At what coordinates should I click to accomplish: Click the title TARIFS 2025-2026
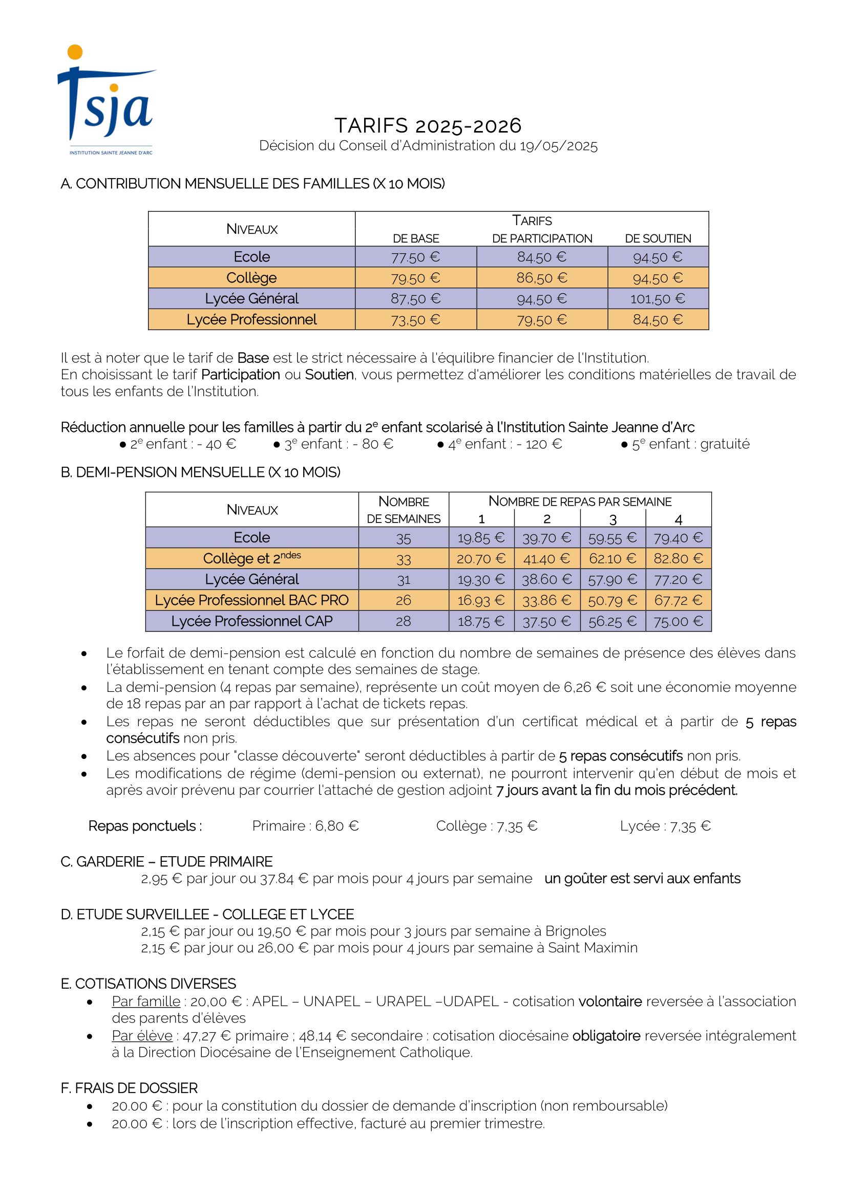tap(428, 126)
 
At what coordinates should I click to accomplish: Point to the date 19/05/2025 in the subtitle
tap(558, 146)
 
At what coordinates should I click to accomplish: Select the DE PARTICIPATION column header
tap(542, 238)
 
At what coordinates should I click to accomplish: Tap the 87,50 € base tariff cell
tap(416, 299)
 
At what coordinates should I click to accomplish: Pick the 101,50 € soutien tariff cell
tap(658, 299)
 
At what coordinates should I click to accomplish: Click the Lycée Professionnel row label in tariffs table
tap(251, 319)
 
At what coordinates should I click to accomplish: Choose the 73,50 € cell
tap(416, 319)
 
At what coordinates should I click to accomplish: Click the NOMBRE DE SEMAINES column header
tap(404, 509)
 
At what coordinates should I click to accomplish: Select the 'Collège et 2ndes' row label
tap(251, 558)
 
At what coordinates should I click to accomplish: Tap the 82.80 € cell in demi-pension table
tap(678, 559)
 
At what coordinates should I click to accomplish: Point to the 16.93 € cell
tap(481, 601)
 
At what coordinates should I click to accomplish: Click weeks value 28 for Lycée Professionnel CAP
tap(403, 621)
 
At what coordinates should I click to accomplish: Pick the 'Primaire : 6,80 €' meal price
tap(305, 826)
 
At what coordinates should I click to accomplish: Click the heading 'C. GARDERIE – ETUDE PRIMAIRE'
tap(166, 862)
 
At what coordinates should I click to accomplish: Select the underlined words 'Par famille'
tap(146, 1002)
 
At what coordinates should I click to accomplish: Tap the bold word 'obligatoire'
tap(606, 1036)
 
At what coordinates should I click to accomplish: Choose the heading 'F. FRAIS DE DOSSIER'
tap(129, 1089)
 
